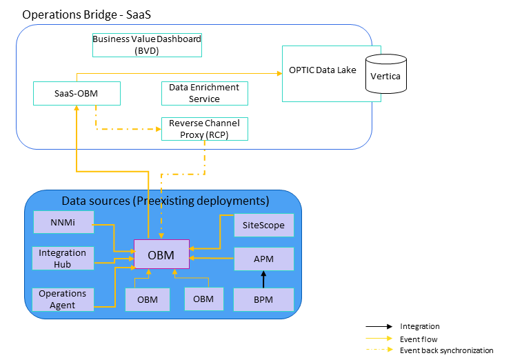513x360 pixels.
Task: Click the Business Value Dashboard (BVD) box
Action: (x=147, y=45)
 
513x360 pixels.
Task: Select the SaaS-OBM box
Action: (x=77, y=94)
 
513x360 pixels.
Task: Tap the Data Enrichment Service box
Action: (x=204, y=94)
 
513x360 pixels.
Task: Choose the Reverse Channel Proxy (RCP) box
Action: (x=204, y=129)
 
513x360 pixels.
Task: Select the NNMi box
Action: (x=63, y=222)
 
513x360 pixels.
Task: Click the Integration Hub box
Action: (x=63, y=259)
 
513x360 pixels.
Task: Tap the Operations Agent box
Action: (x=63, y=299)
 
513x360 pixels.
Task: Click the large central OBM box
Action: (x=161, y=256)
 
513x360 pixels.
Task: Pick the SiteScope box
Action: (x=264, y=225)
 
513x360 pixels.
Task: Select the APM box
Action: (x=264, y=259)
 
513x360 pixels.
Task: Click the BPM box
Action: (x=264, y=299)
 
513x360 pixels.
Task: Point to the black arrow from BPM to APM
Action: (x=263, y=279)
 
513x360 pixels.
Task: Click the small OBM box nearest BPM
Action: (x=203, y=299)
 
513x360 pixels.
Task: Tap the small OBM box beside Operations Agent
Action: (x=148, y=299)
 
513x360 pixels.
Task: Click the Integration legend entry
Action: (x=419, y=327)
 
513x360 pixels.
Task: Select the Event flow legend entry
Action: (x=419, y=339)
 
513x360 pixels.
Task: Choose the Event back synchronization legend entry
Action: (x=446, y=350)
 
